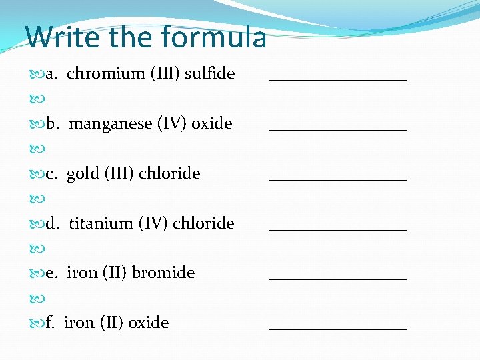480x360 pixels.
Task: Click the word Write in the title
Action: tap(56, 37)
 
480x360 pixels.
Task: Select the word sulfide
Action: tap(209, 73)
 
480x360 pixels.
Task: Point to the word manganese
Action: tap(111, 123)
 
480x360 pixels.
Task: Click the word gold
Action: tap(83, 173)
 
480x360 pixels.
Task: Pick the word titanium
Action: tap(101, 223)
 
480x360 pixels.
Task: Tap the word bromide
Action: tap(163, 273)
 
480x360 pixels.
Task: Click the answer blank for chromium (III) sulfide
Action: tap(338, 79)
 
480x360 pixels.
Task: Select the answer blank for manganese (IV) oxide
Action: tap(338, 129)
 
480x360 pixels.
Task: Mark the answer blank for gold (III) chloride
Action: tap(338, 179)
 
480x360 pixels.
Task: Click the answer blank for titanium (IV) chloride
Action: tap(338, 229)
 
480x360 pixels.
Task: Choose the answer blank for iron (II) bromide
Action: tap(338, 278)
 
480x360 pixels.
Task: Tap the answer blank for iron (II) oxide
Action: tap(338, 328)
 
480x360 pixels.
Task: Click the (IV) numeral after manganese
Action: tap(172, 124)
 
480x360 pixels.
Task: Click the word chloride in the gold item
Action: tap(170, 173)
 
